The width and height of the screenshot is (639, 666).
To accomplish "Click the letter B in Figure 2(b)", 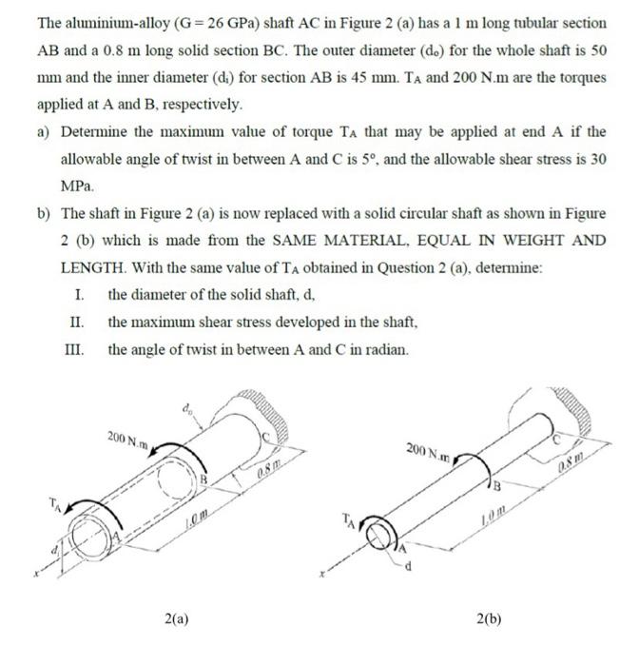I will [x=494, y=486].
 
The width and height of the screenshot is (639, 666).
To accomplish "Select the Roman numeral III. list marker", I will [x=72, y=349].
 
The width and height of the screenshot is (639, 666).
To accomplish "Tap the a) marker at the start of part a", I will [x=43, y=130].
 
